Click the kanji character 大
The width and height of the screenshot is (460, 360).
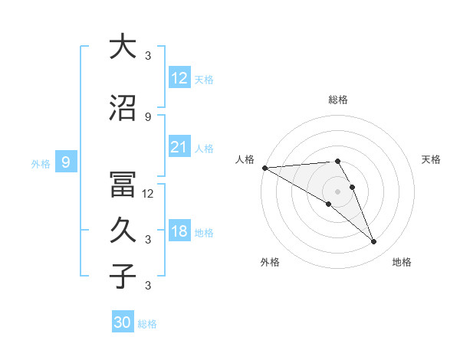pos(123,47)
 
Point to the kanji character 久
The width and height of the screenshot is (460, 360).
pos(123,231)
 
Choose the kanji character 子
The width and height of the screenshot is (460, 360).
pos(123,277)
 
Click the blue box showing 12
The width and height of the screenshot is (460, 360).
pos(179,78)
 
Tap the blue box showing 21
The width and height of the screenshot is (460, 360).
pos(179,147)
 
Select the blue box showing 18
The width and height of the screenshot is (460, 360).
pos(179,231)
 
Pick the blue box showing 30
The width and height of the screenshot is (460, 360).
pos(123,322)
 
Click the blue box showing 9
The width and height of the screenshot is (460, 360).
pos(66,162)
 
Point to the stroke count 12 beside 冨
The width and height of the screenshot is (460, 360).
pos(148,194)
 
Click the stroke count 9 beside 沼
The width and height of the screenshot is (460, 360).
pos(148,116)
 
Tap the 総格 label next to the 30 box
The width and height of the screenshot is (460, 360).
pos(147,324)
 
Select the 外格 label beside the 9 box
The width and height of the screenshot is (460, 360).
pos(41,163)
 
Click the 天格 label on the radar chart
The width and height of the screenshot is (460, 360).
pos(432,159)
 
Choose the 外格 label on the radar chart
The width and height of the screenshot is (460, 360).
pos(270,262)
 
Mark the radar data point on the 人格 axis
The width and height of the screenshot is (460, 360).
pos(264,167)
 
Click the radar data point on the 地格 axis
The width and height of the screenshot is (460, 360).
pos(374,242)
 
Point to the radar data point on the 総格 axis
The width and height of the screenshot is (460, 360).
pos(337,161)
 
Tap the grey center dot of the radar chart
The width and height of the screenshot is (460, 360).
pos(337,191)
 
